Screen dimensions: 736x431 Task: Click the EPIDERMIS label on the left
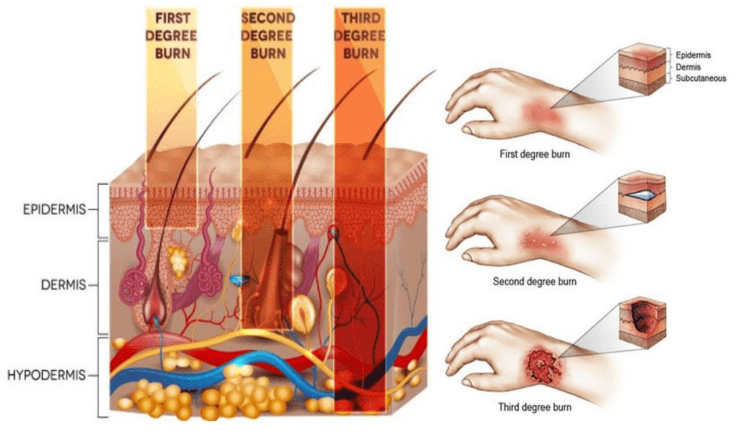[54, 210]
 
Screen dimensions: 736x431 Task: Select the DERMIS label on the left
[63, 285]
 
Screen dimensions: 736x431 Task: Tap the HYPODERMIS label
[46, 375]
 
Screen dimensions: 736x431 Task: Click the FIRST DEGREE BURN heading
[172, 35]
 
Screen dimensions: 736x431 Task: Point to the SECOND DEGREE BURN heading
[267, 35]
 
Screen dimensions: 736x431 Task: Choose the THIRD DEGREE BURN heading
[360, 35]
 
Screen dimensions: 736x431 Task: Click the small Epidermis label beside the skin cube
[693, 55]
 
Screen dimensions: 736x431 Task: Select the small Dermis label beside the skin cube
[688, 67]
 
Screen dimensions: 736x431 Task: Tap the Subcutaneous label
[701, 78]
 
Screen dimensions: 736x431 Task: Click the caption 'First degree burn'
[535, 154]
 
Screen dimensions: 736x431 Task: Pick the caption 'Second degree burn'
[535, 281]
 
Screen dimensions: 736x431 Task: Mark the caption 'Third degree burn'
[535, 407]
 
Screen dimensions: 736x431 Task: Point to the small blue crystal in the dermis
[239, 280]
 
